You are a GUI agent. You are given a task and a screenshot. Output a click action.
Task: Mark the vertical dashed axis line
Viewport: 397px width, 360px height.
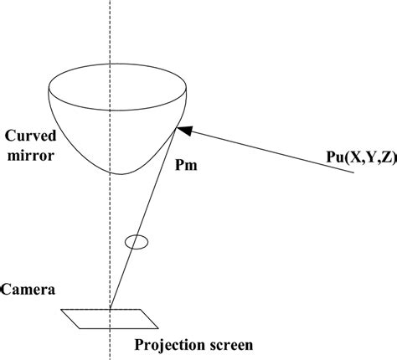(111, 33)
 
